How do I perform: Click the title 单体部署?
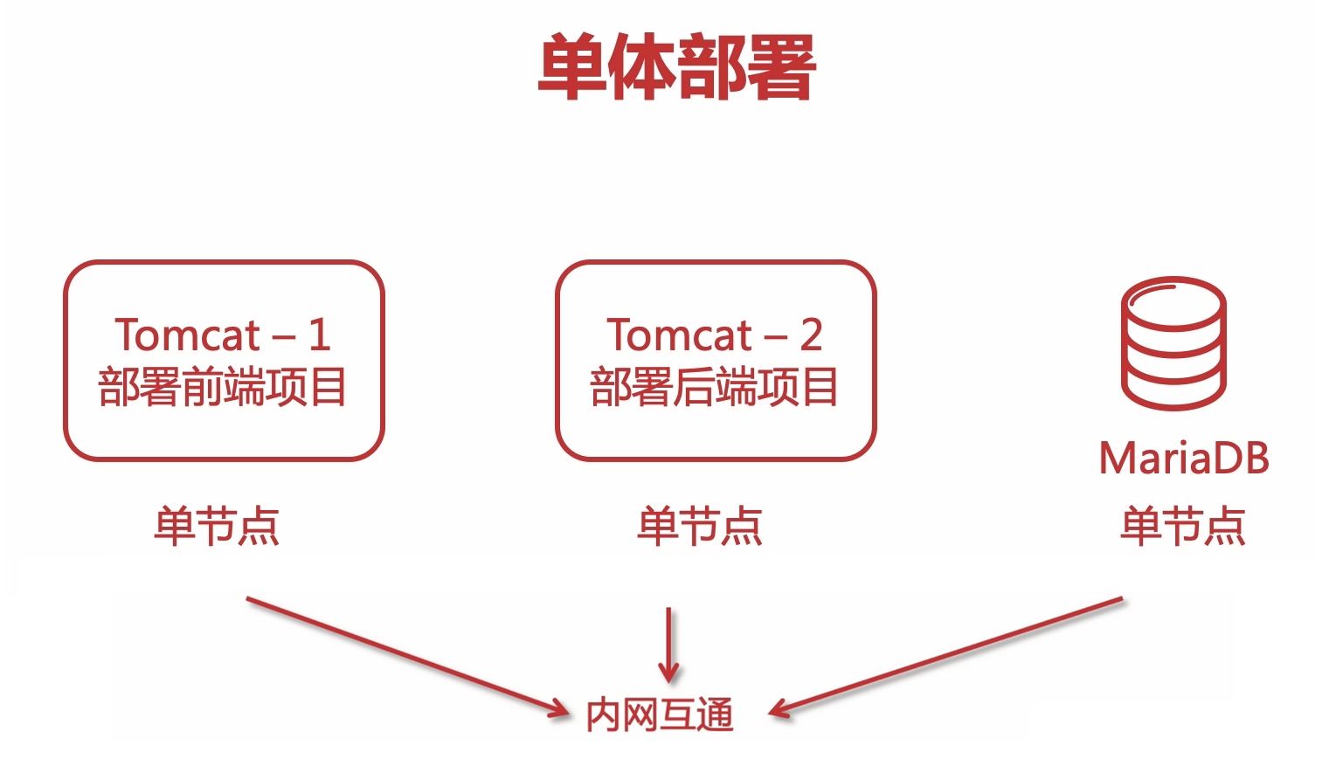coord(676,67)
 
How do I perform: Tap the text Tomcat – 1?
coord(222,335)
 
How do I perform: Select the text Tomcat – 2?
coord(714,335)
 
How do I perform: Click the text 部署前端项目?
coord(222,387)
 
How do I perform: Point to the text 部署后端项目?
coord(714,387)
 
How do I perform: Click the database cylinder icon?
coord(1173,342)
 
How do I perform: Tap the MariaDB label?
coord(1183,458)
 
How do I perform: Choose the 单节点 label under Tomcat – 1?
coord(217,526)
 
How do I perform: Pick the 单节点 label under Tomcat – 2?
coord(700,526)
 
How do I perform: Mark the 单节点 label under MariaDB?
coord(1183,526)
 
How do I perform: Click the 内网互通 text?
coord(660,714)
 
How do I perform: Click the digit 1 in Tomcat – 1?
coord(319,335)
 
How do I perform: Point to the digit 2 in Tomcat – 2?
coord(811,335)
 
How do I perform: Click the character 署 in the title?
coord(780,67)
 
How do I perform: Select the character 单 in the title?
coord(572,67)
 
